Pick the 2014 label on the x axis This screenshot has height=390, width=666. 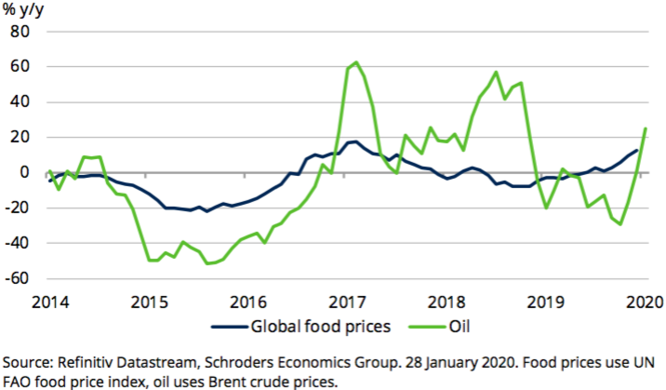pyautogui.click(x=49, y=303)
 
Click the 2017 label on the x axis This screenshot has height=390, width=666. pyautogui.click(x=349, y=303)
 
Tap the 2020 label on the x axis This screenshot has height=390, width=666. pyautogui.click(x=646, y=303)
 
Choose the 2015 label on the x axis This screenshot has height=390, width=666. pyautogui.click(x=150, y=303)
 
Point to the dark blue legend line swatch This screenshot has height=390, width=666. pyautogui.click(x=226, y=327)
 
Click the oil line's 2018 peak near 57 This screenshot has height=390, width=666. pyautogui.click(x=496, y=72)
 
